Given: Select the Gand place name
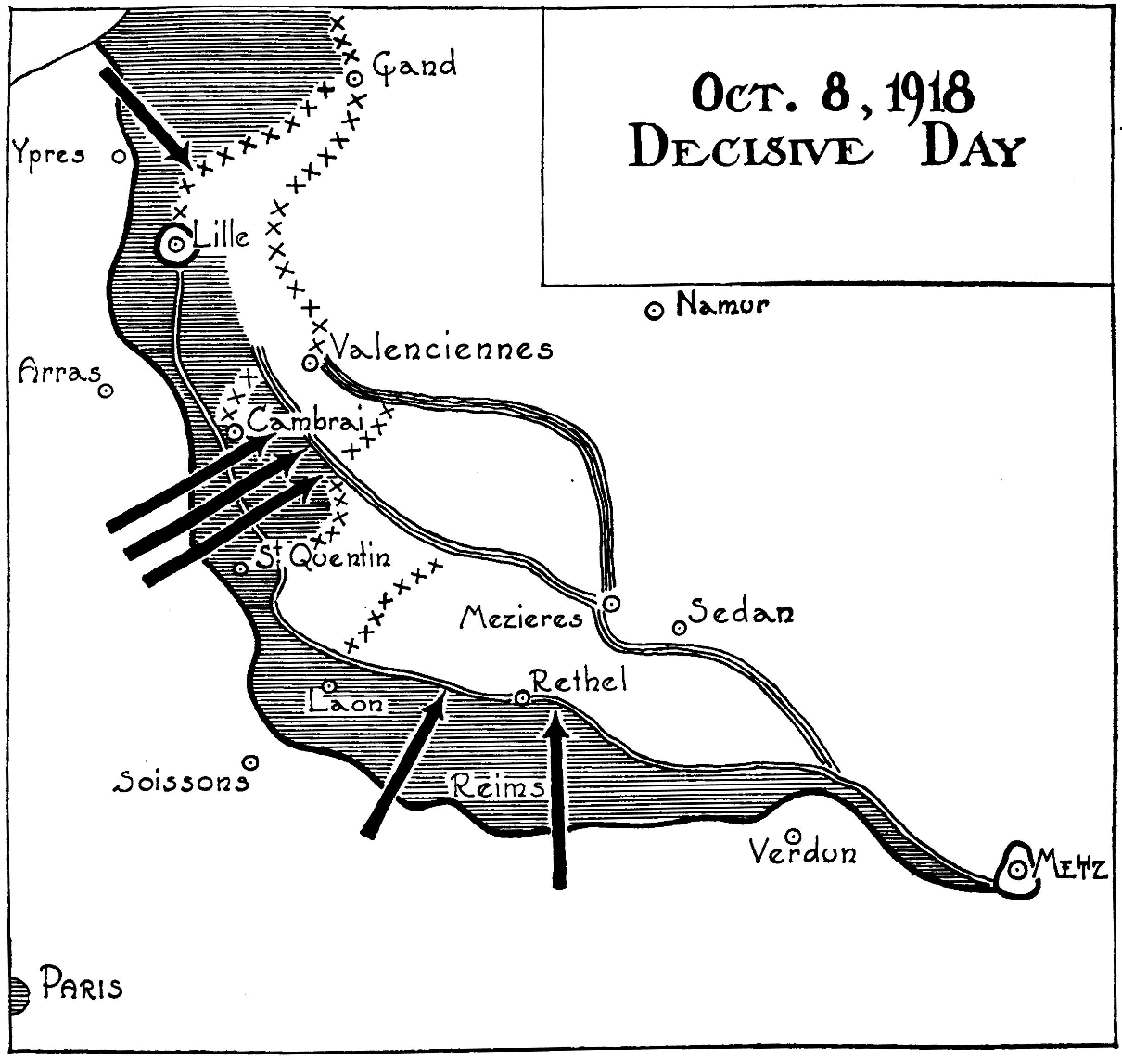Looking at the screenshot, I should tap(414, 67).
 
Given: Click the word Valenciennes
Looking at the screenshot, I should tap(441, 349).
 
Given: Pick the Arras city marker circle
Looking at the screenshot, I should tap(107, 391).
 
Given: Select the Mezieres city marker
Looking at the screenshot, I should tap(610, 605).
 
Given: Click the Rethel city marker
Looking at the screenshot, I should tap(522, 697).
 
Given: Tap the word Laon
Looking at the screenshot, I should tap(347, 704).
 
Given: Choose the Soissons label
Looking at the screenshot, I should tap(180, 783).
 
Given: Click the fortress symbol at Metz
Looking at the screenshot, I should tap(1017, 869).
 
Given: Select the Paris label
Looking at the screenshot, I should tap(81, 987).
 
